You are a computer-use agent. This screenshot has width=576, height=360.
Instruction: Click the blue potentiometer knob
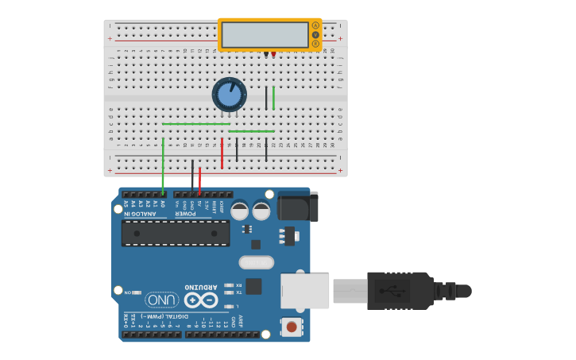(229, 95)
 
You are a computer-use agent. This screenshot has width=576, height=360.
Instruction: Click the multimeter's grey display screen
(265, 35)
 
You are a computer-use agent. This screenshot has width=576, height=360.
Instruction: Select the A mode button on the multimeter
(315, 25)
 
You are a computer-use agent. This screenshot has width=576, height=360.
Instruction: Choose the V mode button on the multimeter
(315, 35)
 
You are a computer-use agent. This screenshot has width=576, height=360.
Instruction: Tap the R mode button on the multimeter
(315, 44)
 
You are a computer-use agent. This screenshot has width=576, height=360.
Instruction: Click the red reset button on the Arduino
(292, 327)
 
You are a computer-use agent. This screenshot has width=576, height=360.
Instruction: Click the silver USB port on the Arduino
(305, 291)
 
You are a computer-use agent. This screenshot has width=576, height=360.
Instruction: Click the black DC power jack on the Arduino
(298, 207)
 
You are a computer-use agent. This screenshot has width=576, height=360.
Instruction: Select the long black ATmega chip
(176, 233)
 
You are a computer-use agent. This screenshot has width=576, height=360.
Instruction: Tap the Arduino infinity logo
(200, 300)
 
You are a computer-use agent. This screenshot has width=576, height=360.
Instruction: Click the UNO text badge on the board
(162, 300)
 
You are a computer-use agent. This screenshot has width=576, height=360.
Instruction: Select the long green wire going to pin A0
(163, 167)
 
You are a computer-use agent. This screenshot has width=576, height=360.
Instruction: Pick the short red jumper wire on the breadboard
(222, 153)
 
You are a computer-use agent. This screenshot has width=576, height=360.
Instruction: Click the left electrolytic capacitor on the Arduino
(239, 211)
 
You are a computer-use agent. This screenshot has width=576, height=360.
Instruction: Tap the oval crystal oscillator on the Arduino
(256, 262)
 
